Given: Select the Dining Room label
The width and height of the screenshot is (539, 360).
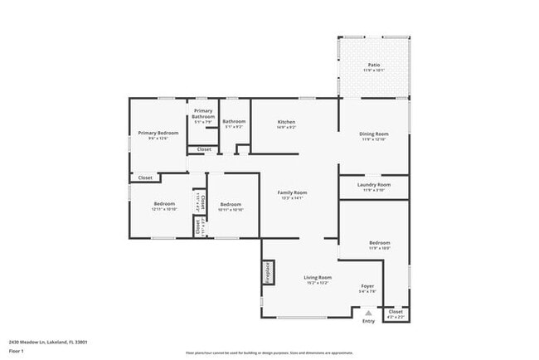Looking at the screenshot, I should coord(374,135).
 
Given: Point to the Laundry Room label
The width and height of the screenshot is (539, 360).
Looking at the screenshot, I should coord(373,187).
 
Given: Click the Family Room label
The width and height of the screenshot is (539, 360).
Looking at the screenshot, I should coord(292,194).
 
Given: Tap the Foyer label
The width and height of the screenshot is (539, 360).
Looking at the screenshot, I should coord(367,288).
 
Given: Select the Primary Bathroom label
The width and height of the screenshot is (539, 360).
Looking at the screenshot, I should coord(203,115).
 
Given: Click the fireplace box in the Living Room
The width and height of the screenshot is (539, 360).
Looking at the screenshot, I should coord(268,272).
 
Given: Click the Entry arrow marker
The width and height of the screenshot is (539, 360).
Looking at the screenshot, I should coord(368,313).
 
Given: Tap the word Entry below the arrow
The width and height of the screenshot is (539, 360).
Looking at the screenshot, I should coord(368,322).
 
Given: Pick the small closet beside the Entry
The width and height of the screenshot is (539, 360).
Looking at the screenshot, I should coord(396,314).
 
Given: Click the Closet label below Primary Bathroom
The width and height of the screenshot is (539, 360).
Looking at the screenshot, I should coord(203,149).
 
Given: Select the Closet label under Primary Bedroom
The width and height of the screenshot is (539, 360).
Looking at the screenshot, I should coord(144,178).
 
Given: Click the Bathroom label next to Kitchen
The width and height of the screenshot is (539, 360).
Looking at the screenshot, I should coord(234,124).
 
